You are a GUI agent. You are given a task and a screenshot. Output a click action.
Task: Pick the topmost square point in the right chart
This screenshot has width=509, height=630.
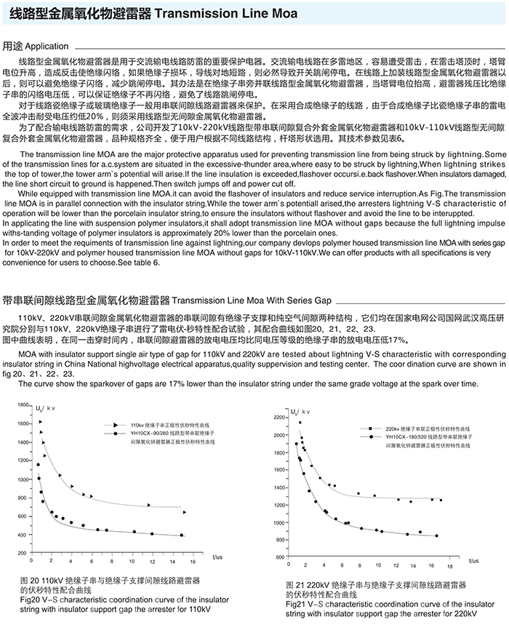(299, 422)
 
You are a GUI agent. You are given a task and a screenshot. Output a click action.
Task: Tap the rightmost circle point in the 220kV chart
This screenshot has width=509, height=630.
(436, 535)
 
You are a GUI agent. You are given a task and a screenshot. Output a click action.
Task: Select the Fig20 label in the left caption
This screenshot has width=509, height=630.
(29, 600)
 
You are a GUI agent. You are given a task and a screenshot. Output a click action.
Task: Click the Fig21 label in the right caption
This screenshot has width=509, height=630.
(296, 603)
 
